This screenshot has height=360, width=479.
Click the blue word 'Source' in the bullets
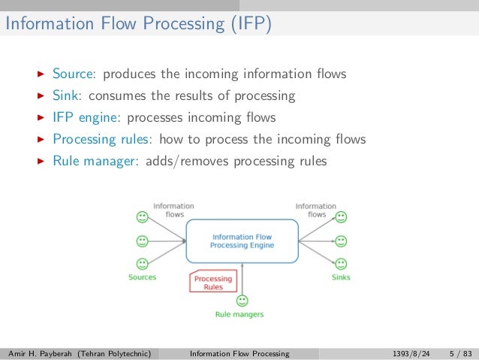73,74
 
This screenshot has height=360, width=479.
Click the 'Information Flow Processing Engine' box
242,241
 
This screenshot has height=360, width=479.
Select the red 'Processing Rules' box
213,283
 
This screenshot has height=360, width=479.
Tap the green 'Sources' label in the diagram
142,277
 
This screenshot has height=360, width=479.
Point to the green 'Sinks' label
341,277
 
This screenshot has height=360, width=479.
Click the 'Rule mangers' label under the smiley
239,314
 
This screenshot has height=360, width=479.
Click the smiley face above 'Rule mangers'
242,301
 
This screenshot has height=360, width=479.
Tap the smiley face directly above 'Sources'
141,264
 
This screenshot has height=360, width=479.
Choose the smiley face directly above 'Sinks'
341,264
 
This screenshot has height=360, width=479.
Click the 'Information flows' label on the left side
173,210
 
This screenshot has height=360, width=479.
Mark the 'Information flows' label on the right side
316,210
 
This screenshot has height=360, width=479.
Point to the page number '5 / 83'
461,352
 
